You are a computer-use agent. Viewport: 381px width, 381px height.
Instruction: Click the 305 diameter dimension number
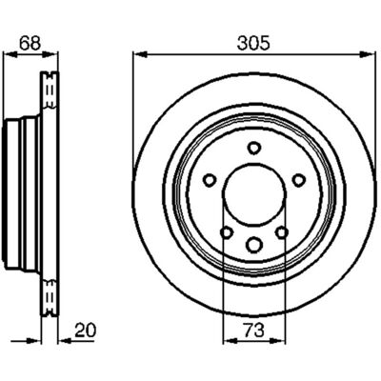tap(253, 43)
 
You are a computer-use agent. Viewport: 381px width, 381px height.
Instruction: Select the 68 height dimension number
tap(30, 43)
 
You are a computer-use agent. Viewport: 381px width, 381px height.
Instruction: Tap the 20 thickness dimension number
tap(85, 331)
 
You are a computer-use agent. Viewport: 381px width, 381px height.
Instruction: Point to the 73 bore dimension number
tap(254, 331)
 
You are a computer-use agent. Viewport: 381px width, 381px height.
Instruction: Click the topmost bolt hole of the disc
tap(254, 148)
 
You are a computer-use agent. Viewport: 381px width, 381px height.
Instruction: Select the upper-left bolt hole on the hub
tap(210, 180)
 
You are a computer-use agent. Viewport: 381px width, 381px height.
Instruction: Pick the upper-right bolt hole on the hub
tap(298, 180)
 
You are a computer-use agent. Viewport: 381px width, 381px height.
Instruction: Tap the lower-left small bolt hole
tap(227, 232)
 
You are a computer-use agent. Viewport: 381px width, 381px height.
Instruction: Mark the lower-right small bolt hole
tap(282, 232)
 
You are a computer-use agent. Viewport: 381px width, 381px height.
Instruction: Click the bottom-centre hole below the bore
tap(254, 245)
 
